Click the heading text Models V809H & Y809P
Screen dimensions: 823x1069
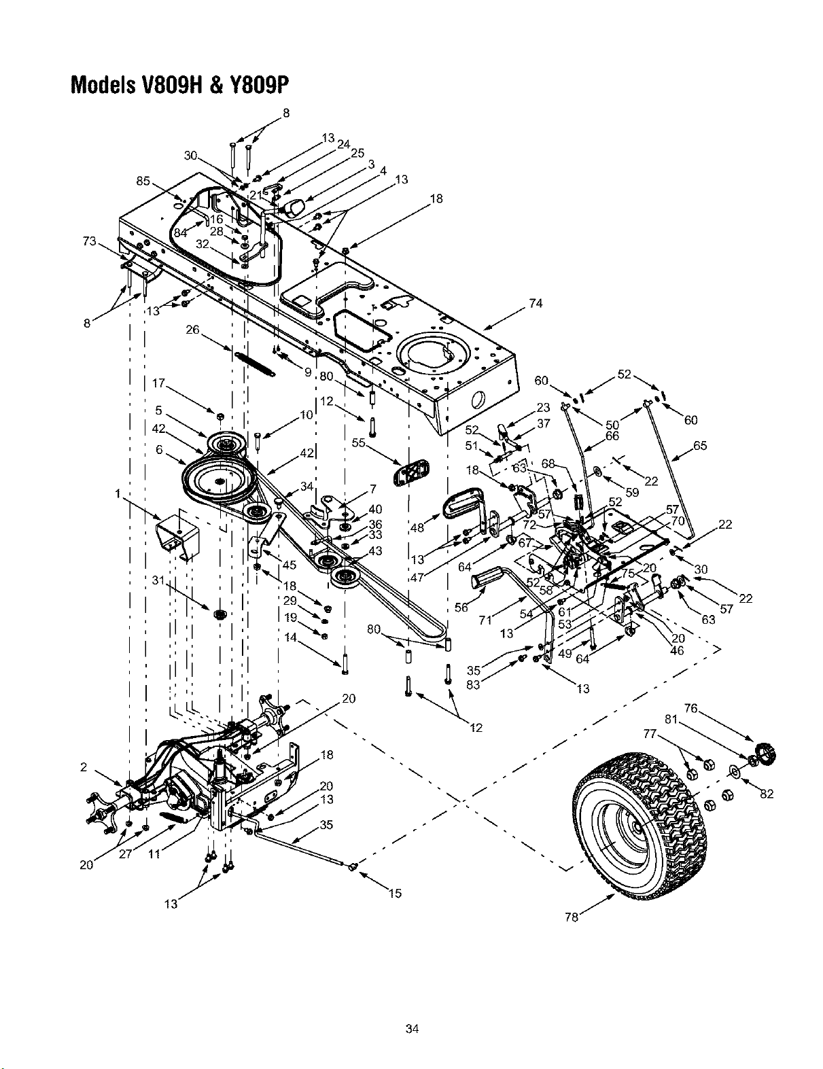pyautogui.click(x=179, y=85)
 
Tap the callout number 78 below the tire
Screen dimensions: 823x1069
pyautogui.click(x=571, y=917)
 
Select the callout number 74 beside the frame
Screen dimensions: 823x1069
pyautogui.click(x=536, y=304)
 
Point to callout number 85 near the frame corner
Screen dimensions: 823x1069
pyautogui.click(x=143, y=181)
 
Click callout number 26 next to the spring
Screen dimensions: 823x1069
pyautogui.click(x=192, y=330)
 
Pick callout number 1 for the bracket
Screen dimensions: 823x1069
pyautogui.click(x=118, y=493)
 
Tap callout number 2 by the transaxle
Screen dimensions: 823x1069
pyautogui.click(x=84, y=767)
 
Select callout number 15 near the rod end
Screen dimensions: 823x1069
pyautogui.click(x=395, y=893)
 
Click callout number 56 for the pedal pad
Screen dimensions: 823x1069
pyautogui.click(x=461, y=608)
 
